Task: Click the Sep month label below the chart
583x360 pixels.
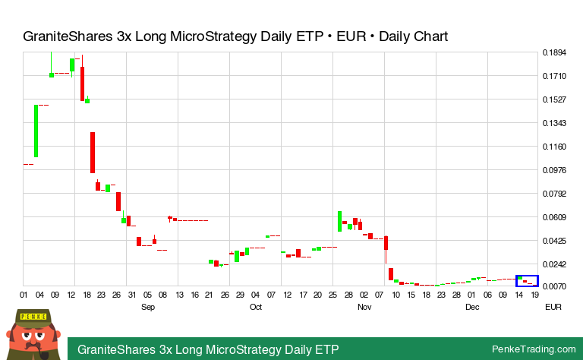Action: [148, 307]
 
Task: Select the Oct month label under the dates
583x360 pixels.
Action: [256, 307]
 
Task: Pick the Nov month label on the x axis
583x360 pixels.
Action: [364, 307]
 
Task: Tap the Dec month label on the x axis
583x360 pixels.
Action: [472, 307]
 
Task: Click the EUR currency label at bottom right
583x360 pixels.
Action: [553, 307]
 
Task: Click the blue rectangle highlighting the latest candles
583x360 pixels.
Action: [527, 280]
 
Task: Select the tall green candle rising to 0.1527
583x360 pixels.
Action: [36, 131]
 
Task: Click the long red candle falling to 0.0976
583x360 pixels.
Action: [93, 152]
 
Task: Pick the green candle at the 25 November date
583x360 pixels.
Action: [339, 221]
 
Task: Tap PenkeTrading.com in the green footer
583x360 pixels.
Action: [534, 349]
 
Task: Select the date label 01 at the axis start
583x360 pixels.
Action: [24, 295]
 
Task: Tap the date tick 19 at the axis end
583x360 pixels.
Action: [535, 295]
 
